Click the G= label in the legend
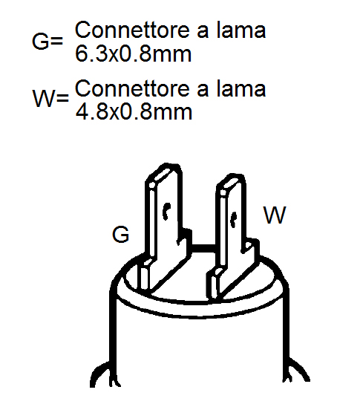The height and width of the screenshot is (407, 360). pyautogui.click(x=48, y=42)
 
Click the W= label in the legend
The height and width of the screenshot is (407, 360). pyautogui.click(x=50, y=98)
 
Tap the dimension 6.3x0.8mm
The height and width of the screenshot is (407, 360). pyautogui.click(x=134, y=54)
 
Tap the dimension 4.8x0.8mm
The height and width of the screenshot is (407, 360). pyautogui.click(x=134, y=112)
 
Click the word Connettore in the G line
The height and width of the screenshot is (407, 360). pyautogui.click(x=133, y=30)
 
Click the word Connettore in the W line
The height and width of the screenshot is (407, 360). pyautogui.click(x=133, y=89)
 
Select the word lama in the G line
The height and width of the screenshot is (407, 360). pyautogui.click(x=241, y=30)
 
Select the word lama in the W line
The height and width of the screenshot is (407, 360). pyautogui.click(x=241, y=89)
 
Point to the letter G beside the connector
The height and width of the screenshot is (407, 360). pyautogui.click(x=120, y=234)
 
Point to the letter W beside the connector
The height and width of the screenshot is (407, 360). pyautogui.click(x=275, y=215)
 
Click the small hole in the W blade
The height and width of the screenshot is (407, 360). pyautogui.click(x=233, y=220)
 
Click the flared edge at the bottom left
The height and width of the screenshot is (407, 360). pyautogui.click(x=100, y=374)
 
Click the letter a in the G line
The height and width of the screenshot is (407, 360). pyautogui.click(x=203, y=33)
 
